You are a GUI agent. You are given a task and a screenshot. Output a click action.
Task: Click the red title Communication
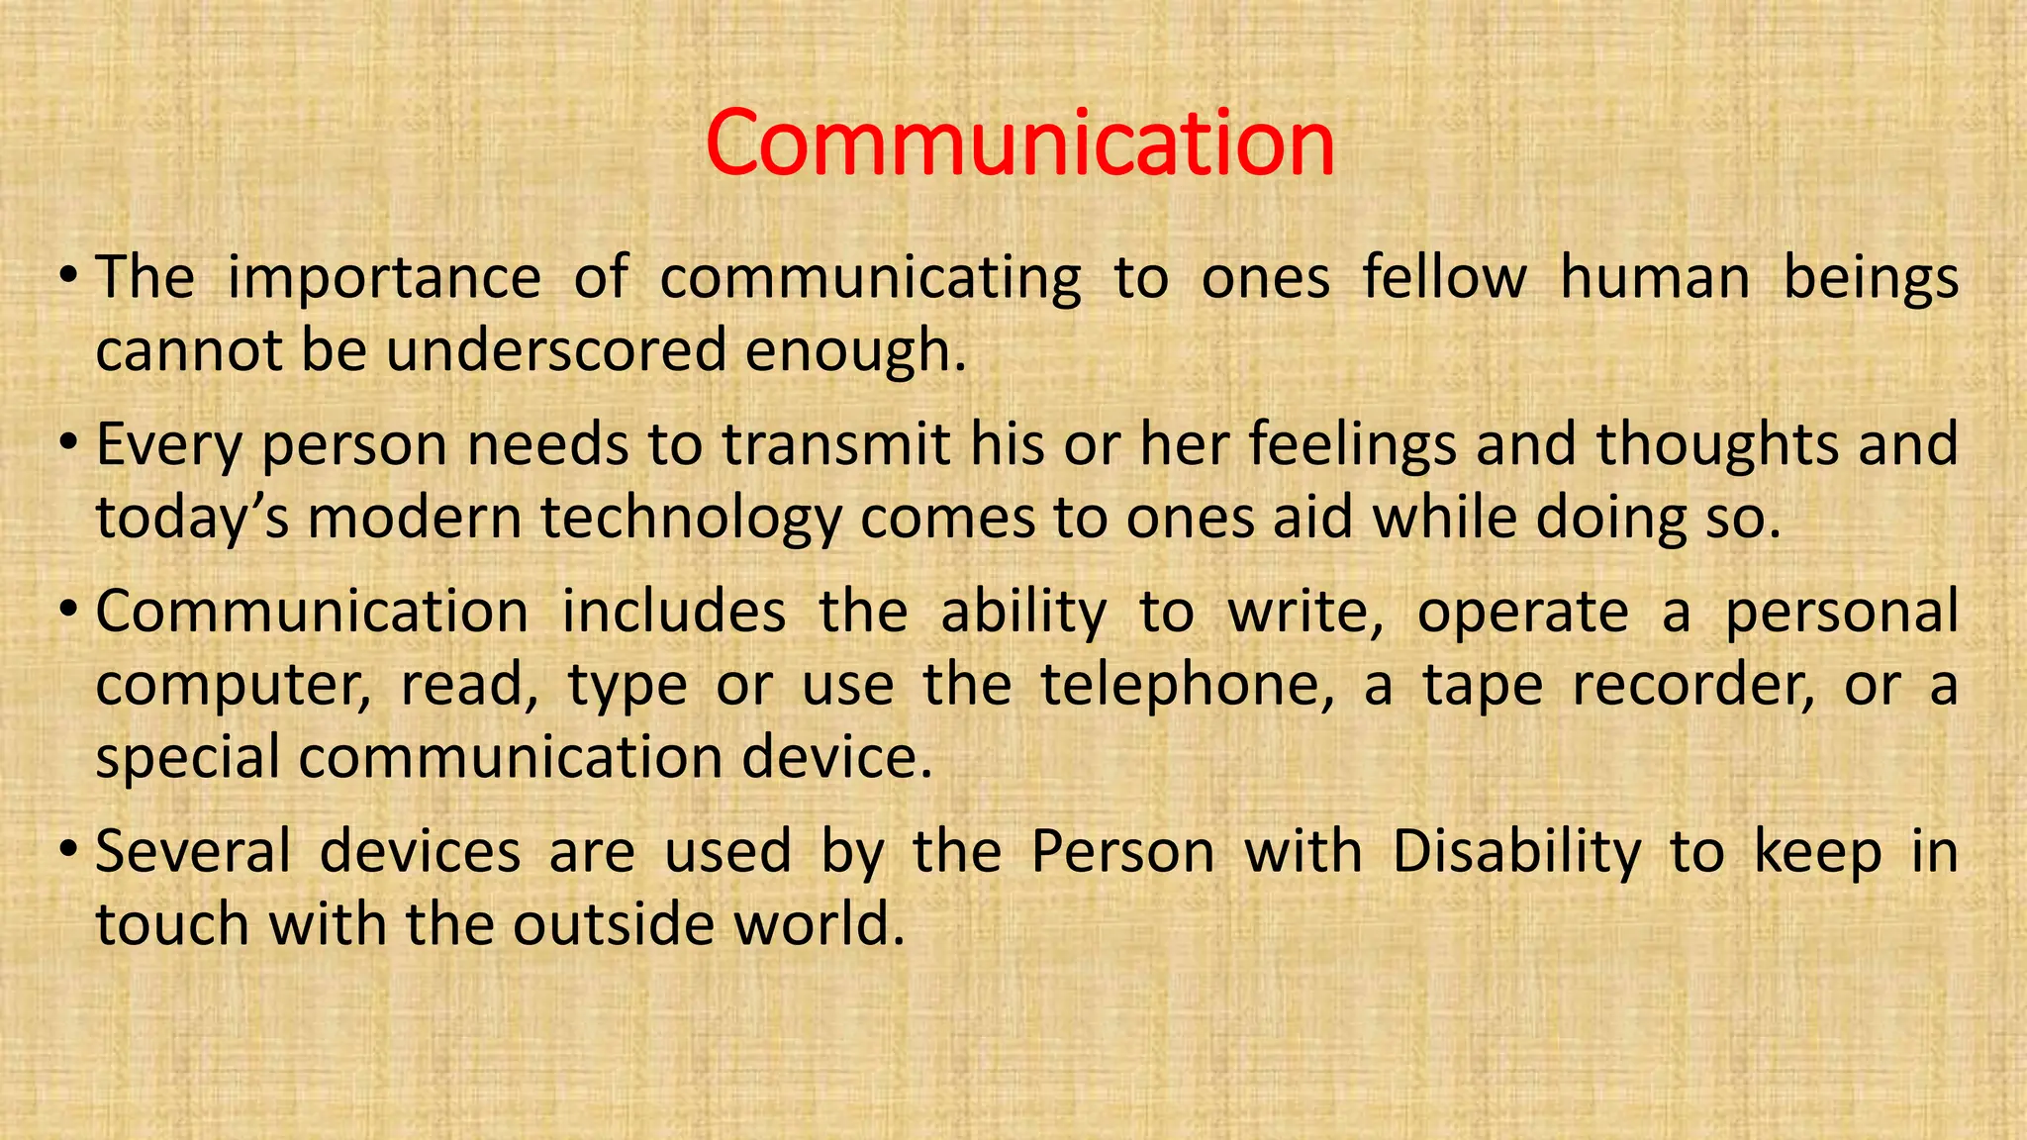click(1020, 144)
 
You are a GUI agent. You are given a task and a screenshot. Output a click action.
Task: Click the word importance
click(384, 278)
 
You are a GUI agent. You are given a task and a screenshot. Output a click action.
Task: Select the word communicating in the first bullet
click(870, 278)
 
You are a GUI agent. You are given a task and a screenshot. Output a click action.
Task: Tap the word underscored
click(556, 350)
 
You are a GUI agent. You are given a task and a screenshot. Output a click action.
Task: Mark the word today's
click(192, 519)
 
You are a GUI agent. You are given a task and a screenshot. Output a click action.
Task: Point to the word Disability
click(1516, 853)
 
